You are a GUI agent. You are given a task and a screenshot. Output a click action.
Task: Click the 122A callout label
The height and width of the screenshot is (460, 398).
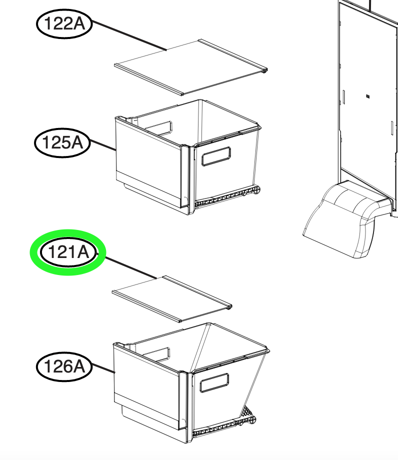tap(64, 23)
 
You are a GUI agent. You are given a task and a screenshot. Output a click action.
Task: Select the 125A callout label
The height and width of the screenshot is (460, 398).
tap(62, 142)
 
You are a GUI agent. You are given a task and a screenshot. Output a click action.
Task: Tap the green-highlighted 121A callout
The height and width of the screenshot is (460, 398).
tap(68, 252)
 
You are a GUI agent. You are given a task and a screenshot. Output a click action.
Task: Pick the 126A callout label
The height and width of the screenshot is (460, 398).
tap(64, 366)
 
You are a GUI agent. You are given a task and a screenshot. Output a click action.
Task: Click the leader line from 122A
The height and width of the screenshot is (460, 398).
tap(129, 35)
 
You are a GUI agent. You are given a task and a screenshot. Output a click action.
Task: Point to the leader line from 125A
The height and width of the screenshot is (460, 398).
tap(103, 145)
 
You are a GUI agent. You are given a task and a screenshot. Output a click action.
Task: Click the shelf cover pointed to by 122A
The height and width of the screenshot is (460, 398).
tap(190, 67)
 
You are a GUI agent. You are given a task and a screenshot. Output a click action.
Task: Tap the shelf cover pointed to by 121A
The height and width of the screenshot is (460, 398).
tap(172, 298)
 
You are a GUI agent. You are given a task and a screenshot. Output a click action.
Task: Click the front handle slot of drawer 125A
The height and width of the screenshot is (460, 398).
tap(216, 156)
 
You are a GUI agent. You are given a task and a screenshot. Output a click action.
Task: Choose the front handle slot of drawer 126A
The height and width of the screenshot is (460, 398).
tap(214, 382)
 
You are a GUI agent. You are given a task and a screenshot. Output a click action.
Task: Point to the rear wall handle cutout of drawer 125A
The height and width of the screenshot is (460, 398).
tap(158, 128)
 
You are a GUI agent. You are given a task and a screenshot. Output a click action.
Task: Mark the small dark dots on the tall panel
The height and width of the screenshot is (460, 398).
tap(368, 96)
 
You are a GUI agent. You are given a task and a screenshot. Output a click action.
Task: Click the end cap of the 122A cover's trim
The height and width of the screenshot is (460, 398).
tap(265, 70)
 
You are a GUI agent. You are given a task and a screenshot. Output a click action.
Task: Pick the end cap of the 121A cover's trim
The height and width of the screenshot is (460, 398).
tap(229, 307)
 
